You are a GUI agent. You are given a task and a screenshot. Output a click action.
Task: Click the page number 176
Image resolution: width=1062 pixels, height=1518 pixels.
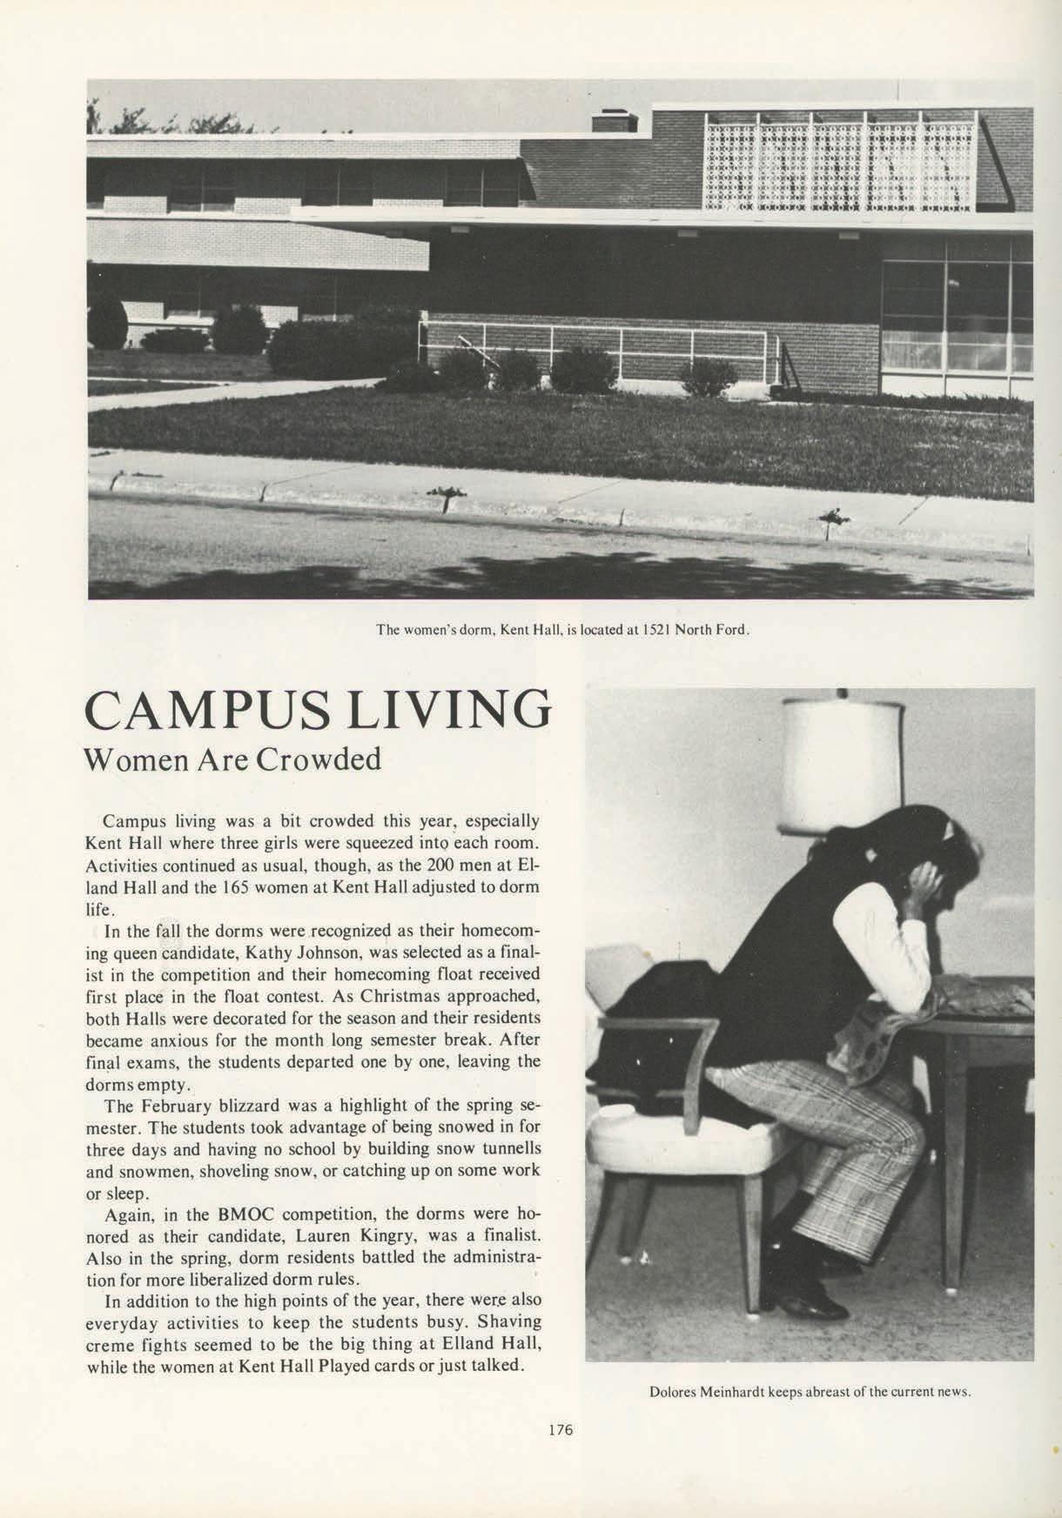point(561,1428)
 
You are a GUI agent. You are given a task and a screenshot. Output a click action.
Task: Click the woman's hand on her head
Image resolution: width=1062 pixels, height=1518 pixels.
point(924,883)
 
